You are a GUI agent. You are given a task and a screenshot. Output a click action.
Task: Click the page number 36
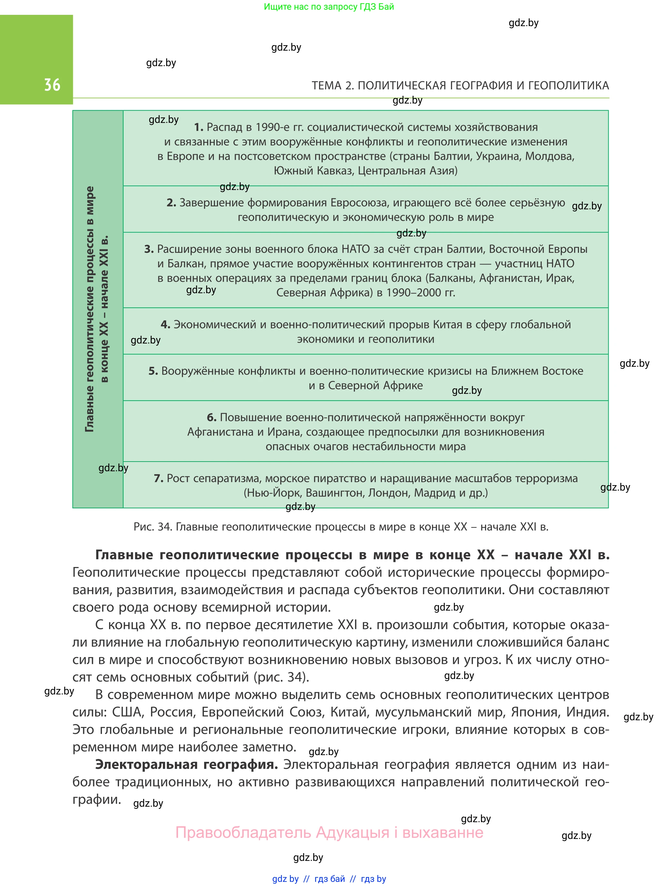tap(52, 85)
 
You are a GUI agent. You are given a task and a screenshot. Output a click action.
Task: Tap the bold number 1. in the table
tap(199, 127)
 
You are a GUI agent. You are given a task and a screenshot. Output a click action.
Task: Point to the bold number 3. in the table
tap(149, 249)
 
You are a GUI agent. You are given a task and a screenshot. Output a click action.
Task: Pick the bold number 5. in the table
tap(153, 371)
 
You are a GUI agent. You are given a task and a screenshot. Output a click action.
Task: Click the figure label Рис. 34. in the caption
tap(152, 527)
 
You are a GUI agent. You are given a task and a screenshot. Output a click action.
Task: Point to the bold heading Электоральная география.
tap(186, 764)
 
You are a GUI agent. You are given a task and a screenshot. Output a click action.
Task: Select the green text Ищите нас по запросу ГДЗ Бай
tap(329, 7)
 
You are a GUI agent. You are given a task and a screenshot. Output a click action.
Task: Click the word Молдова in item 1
tap(549, 156)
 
